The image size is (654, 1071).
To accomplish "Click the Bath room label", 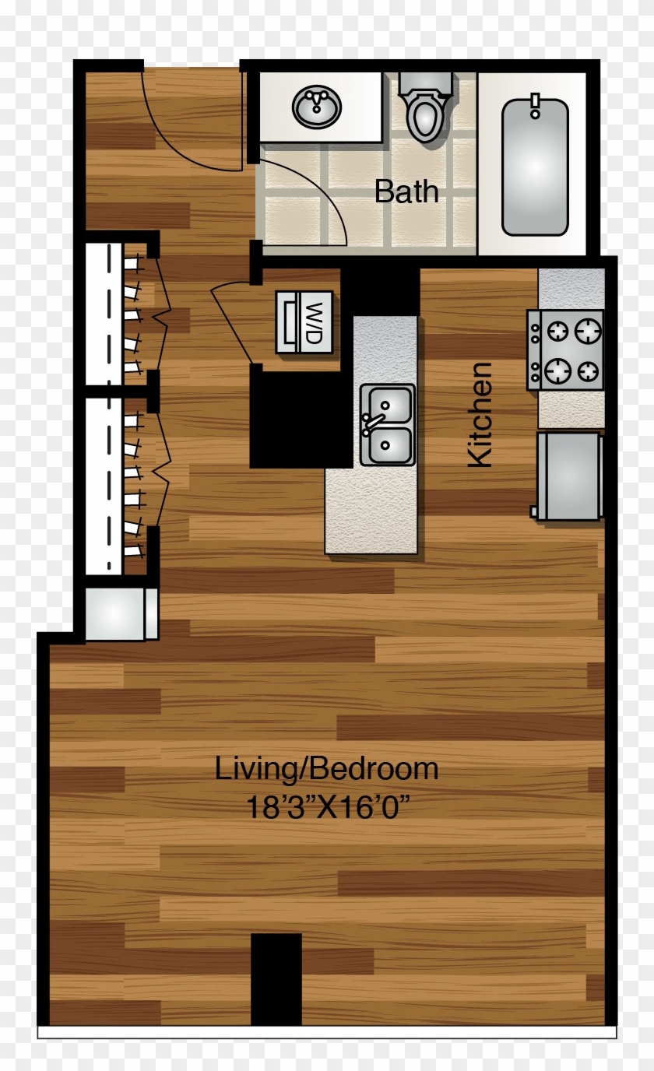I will (x=406, y=191).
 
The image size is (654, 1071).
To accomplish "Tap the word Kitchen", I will (x=480, y=414).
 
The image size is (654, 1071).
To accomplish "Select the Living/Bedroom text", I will (x=326, y=769).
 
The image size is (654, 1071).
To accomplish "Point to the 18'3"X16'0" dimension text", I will (x=328, y=806).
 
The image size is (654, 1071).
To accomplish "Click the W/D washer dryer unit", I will (x=304, y=321).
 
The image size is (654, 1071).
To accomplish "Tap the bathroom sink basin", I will (x=317, y=107).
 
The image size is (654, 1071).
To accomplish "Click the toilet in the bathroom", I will (x=425, y=109).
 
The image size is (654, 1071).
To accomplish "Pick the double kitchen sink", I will (x=388, y=425).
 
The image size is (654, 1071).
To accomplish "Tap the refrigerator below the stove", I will (x=568, y=476).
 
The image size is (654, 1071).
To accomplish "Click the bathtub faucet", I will (x=535, y=105).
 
